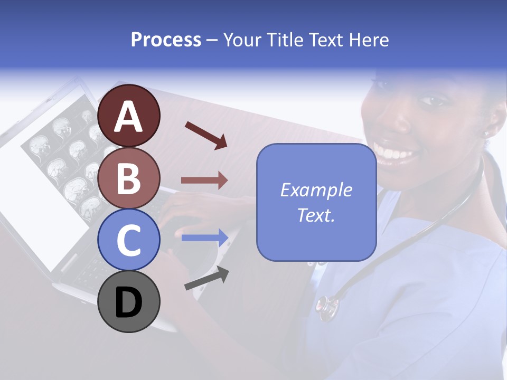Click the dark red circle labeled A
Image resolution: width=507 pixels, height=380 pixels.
129,116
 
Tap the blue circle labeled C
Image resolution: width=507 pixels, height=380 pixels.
129,240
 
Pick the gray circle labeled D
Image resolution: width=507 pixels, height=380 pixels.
129,301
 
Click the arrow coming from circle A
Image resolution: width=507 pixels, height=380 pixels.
206,135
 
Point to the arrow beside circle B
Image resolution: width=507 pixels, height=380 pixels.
204,180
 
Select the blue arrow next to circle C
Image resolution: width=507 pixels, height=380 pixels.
205,237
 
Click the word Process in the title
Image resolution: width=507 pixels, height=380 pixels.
166,40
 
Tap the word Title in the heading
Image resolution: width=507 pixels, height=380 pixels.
283,40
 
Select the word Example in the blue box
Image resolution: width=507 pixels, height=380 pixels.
316,190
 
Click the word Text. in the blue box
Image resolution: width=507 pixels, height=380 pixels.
316,215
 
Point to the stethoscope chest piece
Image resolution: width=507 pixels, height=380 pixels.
326,307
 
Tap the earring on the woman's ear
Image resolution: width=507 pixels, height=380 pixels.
487,134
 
